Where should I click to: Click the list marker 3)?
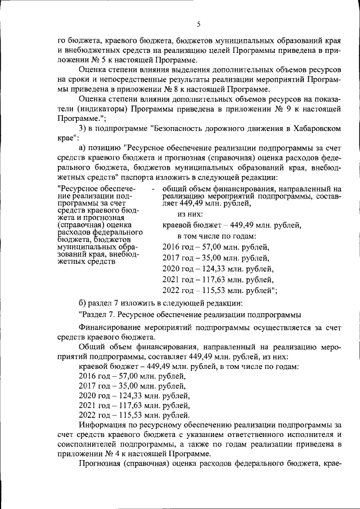click(x=84, y=129)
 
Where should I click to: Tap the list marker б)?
click(x=83, y=304)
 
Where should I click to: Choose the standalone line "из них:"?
click(x=190, y=214)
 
